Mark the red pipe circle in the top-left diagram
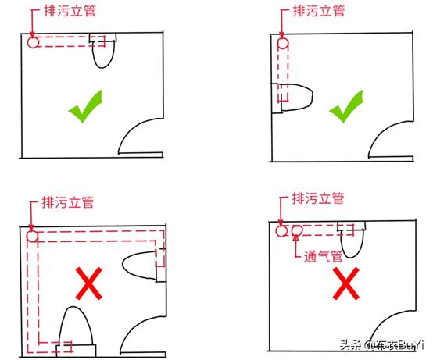click(x=32, y=42)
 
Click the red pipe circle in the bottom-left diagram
click(x=32, y=237)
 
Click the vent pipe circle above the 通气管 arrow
click(x=297, y=230)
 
